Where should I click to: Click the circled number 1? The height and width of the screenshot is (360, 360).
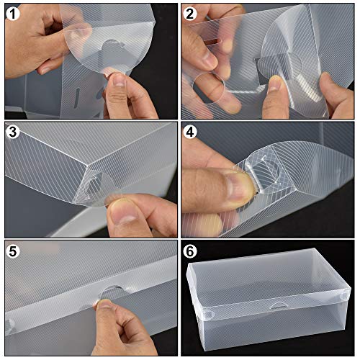(x=13, y=13)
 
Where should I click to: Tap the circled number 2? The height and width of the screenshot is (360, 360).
(x=191, y=13)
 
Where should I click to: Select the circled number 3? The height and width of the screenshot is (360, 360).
(x=13, y=132)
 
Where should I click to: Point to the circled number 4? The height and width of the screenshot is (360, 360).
(x=191, y=132)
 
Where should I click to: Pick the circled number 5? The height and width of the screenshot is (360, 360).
(x=13, y=251)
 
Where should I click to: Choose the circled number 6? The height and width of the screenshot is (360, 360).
(x=191, y=251)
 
